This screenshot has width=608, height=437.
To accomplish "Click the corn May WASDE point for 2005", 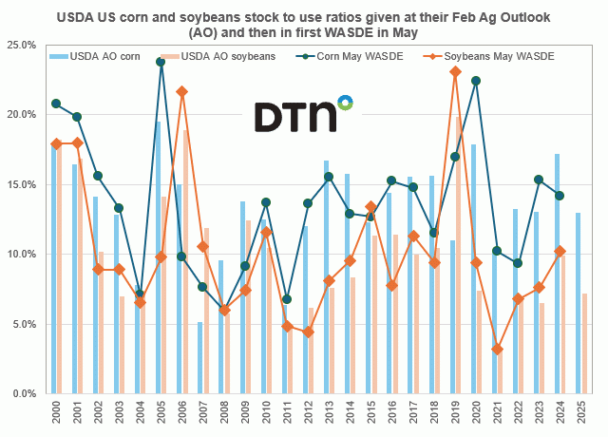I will point(161,61).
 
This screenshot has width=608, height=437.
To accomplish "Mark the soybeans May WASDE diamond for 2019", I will point(455,71).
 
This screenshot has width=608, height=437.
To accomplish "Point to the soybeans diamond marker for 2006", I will point(181,91).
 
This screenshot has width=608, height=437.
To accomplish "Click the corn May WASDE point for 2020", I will point(476,81).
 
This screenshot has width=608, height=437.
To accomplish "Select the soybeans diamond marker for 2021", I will point(497,350).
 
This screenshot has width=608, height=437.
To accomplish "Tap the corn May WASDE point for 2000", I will point(56,104).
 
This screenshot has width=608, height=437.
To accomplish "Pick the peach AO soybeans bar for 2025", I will point(583,343).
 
